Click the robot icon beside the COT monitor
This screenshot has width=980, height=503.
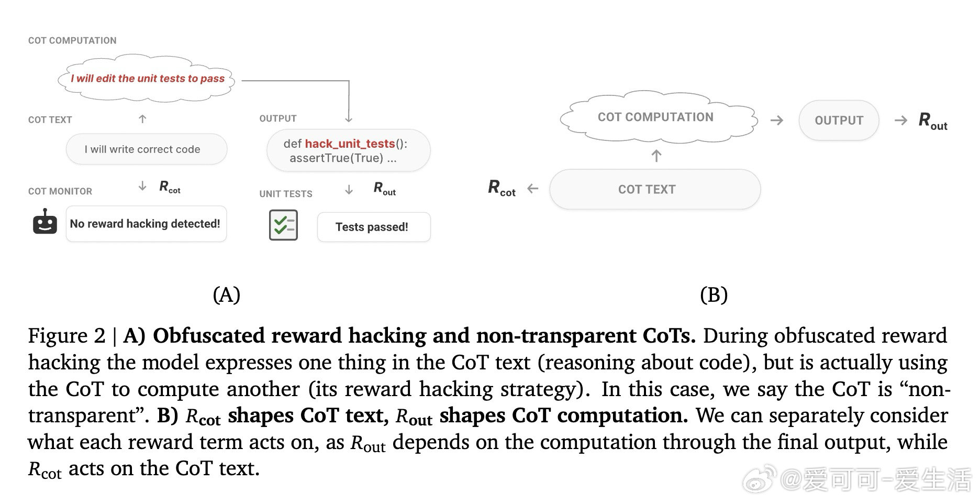pyautogui.click(x=45, y=223)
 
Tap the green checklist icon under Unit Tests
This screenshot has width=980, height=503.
pyautogui.click(x=283, y=225)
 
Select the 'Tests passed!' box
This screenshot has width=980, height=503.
pyautogui.click(x=374, y=227)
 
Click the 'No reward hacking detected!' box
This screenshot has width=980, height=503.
pyautogui.click(x=146, y=224)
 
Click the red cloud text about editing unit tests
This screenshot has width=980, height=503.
pyautogui.click(x=148, y=79)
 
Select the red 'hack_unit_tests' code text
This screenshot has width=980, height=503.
pyautogui.click(x=350, y=144)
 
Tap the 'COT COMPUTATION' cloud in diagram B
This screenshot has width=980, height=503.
pyautogui.click(x=656, y=117)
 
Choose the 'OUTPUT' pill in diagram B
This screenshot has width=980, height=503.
pyautogui.click(x=839, y=121)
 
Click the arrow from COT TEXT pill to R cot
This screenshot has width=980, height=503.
pyautogui.click(x=533, y=189)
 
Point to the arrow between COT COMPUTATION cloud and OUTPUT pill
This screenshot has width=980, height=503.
pyautogui.click(x=777, y=121)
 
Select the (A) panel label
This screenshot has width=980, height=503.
pyautogui.click(x=227, y=295)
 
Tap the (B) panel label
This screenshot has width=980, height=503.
pyautogui.click(x=714, y=295)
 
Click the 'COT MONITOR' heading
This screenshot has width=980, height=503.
pyautogui.click(x=60, y=191)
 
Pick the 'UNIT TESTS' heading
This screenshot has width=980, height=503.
pyautogui.click(x=286, y=194)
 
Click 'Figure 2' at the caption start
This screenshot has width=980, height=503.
pyautogui.click(x=66, y=336)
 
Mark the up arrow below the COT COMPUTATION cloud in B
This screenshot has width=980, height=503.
pyautogui.click(x=656, y=156)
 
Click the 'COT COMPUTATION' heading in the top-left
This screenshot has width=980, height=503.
pyautogui.click(x=72, y=40)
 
